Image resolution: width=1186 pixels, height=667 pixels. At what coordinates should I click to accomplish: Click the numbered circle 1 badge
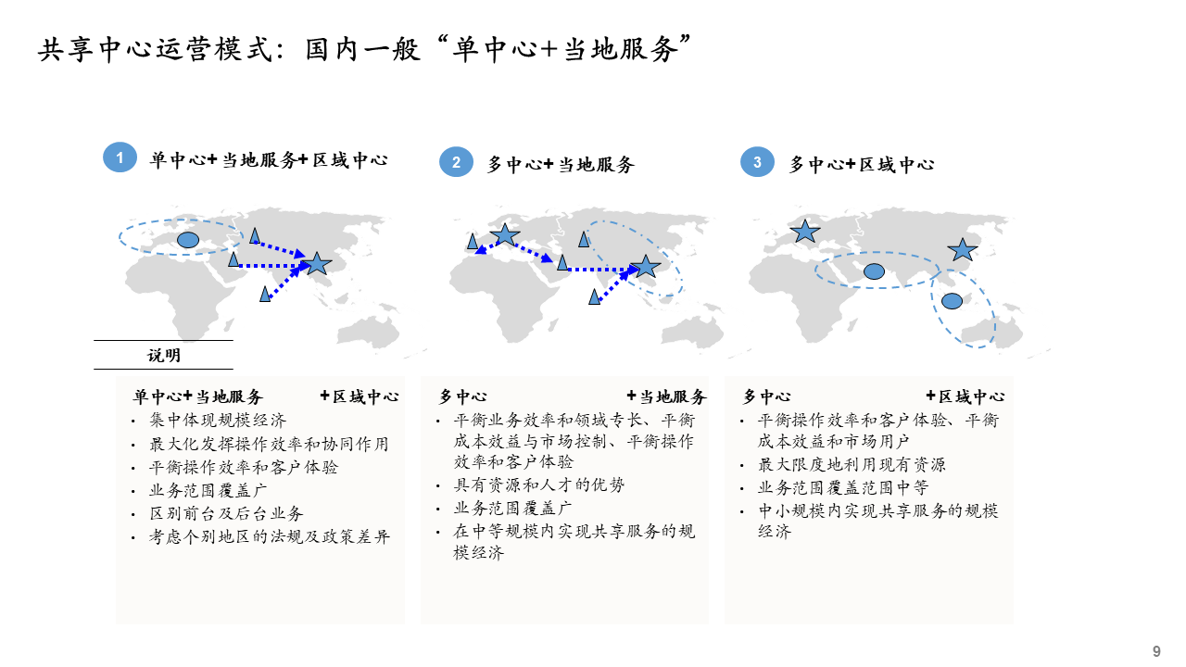(120, 157)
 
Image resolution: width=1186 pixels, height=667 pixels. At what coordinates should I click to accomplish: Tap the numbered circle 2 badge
(456, 162)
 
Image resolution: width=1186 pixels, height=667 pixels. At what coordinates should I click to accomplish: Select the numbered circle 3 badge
(757, 162)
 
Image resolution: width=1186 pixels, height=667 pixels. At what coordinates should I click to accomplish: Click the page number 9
(1156, 651)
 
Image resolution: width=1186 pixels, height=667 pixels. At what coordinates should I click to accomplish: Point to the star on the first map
(318, 264)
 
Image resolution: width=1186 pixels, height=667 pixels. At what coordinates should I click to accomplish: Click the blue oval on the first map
(188, 240)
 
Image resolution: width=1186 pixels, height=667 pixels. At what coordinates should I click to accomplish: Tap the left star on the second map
(505, 235)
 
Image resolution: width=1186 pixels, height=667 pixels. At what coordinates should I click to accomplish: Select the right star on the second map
(646, 268)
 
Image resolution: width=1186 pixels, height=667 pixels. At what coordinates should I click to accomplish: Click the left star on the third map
(805, 232)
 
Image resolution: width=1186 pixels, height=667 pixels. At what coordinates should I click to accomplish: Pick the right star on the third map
(963, 250)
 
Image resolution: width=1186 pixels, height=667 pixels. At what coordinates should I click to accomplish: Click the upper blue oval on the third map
(874, 271)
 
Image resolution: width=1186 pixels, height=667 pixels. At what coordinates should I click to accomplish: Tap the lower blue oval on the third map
(952, 300)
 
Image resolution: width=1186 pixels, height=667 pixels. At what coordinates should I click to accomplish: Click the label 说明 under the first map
(164, 356)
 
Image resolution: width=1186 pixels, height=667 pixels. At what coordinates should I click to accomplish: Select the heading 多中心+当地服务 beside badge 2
(561, 165)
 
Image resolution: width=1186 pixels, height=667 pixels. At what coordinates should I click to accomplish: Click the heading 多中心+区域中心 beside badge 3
(862, 165)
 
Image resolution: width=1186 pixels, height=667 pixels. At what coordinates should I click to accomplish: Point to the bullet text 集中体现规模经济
(218, 421)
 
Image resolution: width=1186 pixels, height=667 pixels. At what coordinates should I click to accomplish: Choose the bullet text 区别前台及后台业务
(226, 512)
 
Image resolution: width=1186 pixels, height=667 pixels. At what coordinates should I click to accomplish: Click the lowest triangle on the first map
(265, 294)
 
